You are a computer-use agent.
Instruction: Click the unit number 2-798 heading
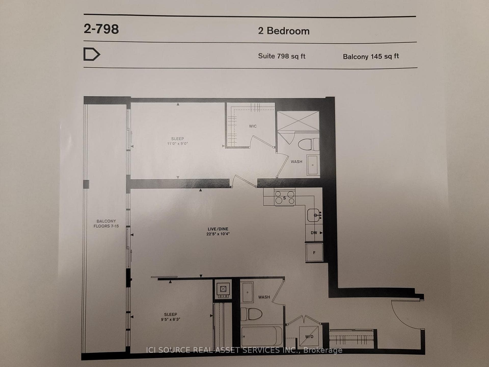101,29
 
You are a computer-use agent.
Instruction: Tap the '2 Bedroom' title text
284,31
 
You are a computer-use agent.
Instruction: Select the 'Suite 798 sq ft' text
282,56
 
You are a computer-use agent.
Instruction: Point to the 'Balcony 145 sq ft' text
371,56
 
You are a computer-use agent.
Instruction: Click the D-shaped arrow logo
92,54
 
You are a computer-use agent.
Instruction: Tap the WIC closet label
253,126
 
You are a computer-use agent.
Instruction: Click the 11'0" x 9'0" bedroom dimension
178,143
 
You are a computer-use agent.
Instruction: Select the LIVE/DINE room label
218,229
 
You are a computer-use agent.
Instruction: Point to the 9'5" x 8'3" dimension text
170,319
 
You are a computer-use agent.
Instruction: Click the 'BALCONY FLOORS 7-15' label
106,224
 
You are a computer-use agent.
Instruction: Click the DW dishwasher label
314,233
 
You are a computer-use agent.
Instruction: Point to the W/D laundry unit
309,336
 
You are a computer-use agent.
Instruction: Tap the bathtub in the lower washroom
262,336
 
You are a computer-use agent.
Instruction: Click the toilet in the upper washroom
308,145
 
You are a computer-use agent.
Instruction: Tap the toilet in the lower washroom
251,314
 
